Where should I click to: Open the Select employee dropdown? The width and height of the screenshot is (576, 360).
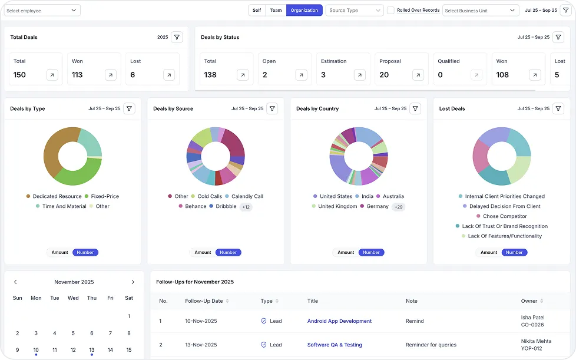point(42,11)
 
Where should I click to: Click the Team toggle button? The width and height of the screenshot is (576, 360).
point(276,10)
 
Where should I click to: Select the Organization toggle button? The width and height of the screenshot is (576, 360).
point(304,10)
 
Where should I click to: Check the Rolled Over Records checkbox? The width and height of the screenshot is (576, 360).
point(390,10)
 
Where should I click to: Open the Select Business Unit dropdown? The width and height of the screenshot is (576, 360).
point(480,11)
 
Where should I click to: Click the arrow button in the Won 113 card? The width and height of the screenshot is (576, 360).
point(111,75)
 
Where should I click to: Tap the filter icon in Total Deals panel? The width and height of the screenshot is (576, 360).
point(177,37)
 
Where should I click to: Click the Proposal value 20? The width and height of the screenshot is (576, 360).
point(384,75)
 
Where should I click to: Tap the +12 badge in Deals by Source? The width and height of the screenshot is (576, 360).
point(246,207)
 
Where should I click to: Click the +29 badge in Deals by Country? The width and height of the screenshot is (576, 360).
point(399,207)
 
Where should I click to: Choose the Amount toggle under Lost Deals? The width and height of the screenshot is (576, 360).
point(489,252)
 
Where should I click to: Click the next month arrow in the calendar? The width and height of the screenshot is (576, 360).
point(133,282)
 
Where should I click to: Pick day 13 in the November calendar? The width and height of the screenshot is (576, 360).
point(92,350)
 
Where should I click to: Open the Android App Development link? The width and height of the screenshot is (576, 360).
point(339,321)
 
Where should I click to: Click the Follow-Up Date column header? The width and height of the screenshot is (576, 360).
point(204,301)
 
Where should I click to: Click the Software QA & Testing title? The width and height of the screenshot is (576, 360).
point(335,345)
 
